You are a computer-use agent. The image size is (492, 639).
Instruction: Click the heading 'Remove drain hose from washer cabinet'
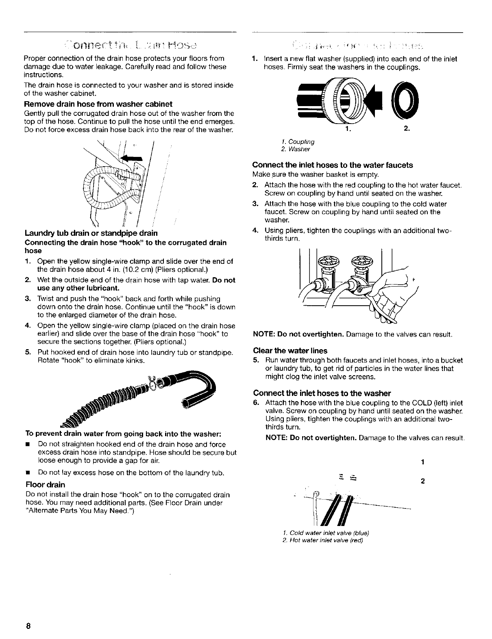point(99,104)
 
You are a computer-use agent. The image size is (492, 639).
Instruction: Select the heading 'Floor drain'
point(45,485)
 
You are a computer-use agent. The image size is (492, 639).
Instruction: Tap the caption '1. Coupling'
point(297,142)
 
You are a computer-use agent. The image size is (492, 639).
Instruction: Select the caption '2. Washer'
point(295,149)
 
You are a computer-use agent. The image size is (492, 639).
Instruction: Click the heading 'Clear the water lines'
point(290,350)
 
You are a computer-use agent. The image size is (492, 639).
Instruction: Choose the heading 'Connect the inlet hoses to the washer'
point(322,393)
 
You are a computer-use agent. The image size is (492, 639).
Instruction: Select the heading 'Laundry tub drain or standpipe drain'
point(91,233)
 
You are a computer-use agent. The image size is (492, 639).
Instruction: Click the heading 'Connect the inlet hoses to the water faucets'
point(333,165)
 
